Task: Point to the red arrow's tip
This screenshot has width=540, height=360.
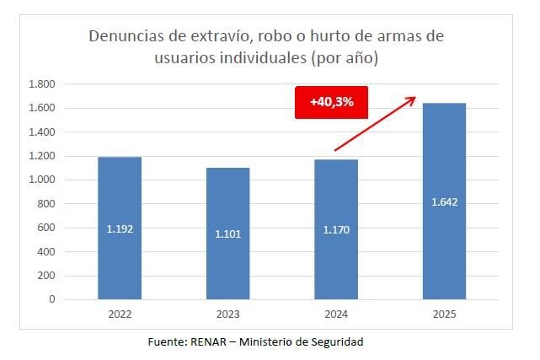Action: coord(415,98)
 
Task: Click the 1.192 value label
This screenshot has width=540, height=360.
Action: coord(120,228)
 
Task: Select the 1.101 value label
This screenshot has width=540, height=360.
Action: coord(227,234)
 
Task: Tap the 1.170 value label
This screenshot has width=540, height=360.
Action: coord(335,228)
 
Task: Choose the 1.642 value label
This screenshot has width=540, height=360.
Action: coord(443,202)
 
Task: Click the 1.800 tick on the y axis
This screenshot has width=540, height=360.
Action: coord(41,84)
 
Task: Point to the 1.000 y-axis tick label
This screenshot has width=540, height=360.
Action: coord(41,180)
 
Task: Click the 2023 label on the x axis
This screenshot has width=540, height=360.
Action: coord(227,314)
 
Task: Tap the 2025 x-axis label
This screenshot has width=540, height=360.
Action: coord(443,314)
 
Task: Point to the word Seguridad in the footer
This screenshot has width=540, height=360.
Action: coord(335,341)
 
